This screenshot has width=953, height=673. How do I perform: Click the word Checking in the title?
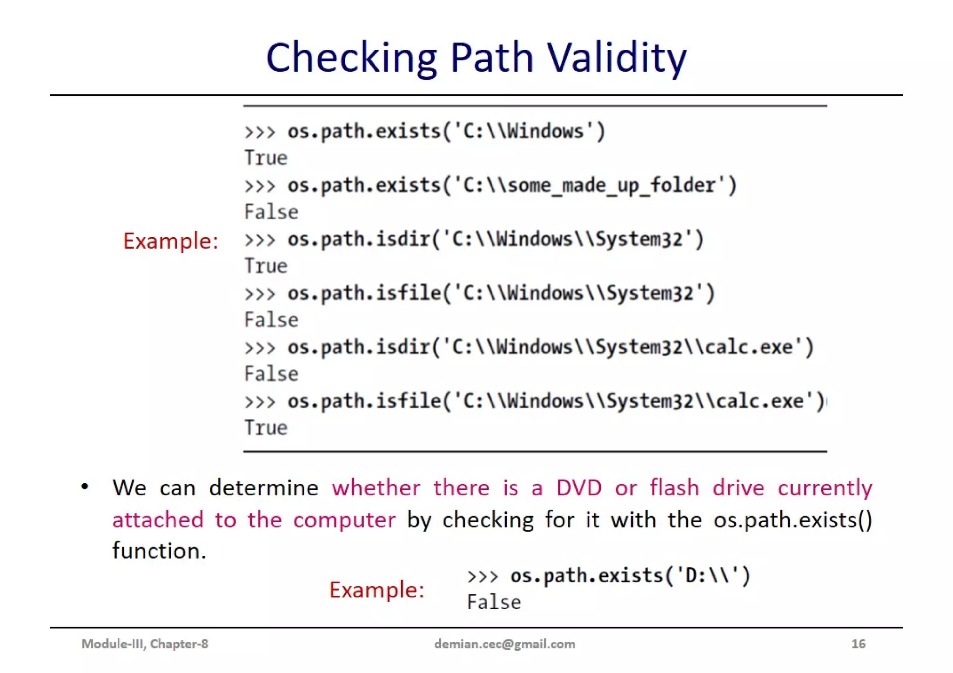click(351, 58)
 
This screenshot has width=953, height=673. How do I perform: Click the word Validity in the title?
click(617, 58)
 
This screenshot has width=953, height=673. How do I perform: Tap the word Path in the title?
click(492, 58)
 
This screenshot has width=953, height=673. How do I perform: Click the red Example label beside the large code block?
click(171, 241)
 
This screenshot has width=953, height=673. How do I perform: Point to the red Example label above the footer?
click(377, 590)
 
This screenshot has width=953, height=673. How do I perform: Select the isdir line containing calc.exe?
click(529, 347)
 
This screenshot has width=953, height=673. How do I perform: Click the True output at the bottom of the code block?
click(266, 428)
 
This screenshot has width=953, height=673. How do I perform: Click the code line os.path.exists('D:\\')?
click(609, 576)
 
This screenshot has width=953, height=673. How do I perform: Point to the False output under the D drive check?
click(494, 602)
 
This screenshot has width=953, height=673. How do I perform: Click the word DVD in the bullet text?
click(579, 488)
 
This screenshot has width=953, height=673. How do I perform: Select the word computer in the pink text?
click(344, 520)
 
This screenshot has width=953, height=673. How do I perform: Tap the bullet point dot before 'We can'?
click(85, 487)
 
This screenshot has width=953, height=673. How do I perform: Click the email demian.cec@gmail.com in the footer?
click(504, 644)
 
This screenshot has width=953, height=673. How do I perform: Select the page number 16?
click(858, 644)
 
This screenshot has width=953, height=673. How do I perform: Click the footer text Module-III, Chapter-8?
click(145, 644)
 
